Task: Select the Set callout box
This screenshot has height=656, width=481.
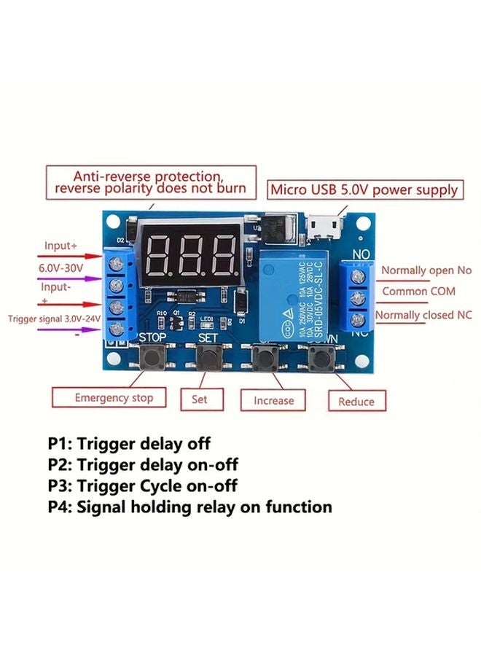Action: pyautogui.click(x=199, y=399)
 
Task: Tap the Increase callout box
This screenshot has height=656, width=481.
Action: pyautogui.click(x=273, y=400)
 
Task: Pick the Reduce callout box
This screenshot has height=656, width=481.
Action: pyautogui.click(x=356, y=401)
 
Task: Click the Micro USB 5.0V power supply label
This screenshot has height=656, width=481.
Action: pyautogui.click(x=365, y=190)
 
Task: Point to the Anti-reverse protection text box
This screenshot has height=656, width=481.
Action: pyautogui.click(x=151, y=182)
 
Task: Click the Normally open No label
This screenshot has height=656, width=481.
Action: pyautogui.click(x=426, y=270)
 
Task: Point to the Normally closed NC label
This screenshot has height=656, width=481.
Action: pyautogui.click(x=423, y=315)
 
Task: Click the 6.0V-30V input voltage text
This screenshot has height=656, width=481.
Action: pyautogui.click(x=61, y=268)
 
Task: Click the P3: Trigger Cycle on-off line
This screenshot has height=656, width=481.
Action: pyautogui.click(x=143, y=485)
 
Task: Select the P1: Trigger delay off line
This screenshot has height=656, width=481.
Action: pyautogui.click(x=129, y=443)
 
